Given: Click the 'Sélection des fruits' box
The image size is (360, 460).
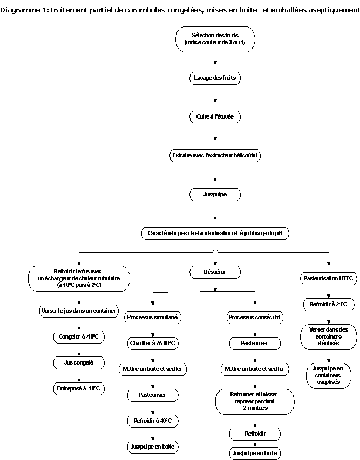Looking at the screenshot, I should tap(215, 39).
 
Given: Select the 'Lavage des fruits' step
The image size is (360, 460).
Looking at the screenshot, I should tap(215, 78).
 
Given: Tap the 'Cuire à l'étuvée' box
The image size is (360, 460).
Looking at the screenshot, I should tap(215, 116).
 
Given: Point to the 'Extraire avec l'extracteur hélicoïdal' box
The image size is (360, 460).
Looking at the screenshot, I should tap(215, 156).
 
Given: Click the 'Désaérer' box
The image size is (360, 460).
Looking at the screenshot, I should tap(215, 272).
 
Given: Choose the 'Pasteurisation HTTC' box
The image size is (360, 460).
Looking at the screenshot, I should tap(328, 279).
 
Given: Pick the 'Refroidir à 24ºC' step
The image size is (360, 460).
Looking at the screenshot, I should tap(328, 304).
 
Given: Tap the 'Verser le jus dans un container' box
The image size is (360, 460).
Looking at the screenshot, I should tap(79, 311).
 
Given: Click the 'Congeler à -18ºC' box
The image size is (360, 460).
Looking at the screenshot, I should tap(79, 337).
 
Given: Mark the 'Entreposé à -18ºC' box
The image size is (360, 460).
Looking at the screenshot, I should tap(79, 388).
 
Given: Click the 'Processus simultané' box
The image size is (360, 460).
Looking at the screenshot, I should tap(153, 318).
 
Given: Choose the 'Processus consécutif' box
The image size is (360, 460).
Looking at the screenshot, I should tap(255, 318).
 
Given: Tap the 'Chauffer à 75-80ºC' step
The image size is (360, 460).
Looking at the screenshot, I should tap(153, 343).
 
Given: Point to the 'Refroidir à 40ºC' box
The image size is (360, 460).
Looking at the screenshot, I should tap(153, 421).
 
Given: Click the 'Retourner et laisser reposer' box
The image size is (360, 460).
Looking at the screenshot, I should tap(255, 401).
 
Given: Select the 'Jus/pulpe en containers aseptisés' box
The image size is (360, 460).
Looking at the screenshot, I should tap(328, 375).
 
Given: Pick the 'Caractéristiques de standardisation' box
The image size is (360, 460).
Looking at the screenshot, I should tap(215, 234).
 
